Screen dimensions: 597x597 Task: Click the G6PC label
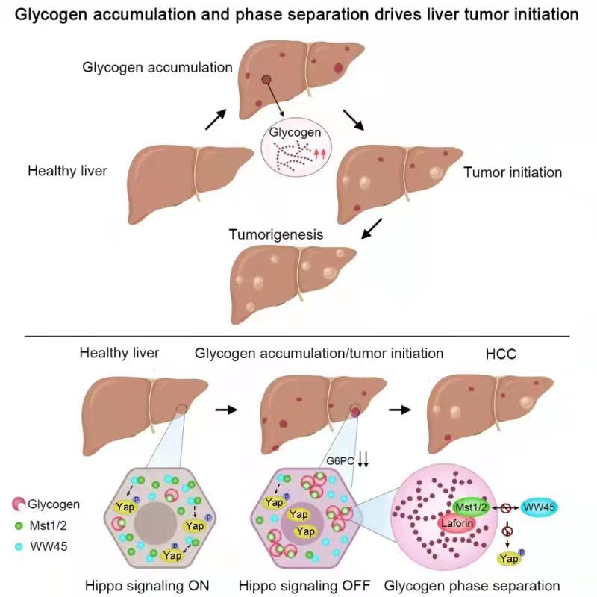point(339,460)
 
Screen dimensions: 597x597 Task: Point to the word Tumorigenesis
point(275,234)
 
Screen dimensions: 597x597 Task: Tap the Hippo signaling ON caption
point(158,583)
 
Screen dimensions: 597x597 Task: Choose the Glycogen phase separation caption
point(472,583)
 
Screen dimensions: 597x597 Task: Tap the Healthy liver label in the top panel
point(68,171)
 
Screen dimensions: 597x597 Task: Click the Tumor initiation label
point(513,172)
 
